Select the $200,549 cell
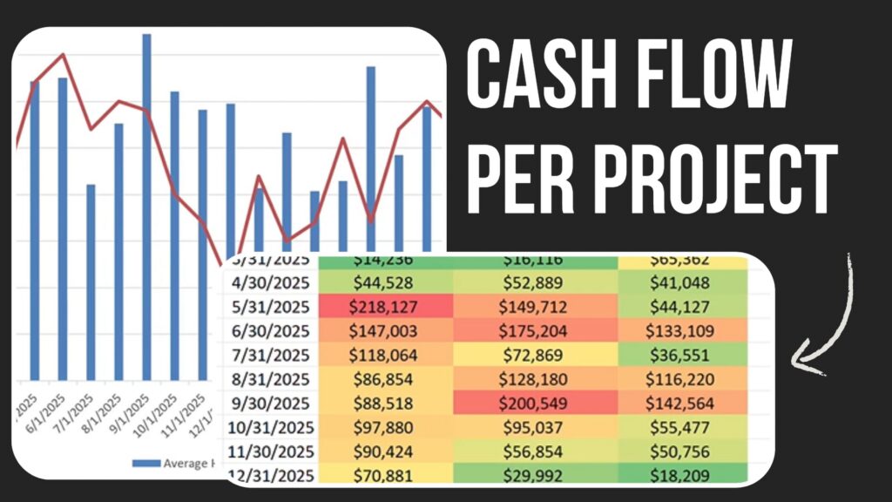tap(535, 404)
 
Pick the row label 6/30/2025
tap(270, 332)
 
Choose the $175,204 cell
tap(535, 332)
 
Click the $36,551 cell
tap(683, 356)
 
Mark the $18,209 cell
tap(683, 475)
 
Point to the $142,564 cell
tap(683, 404)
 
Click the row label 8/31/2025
tap(270, 380)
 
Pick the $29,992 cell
tap(535, 475)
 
